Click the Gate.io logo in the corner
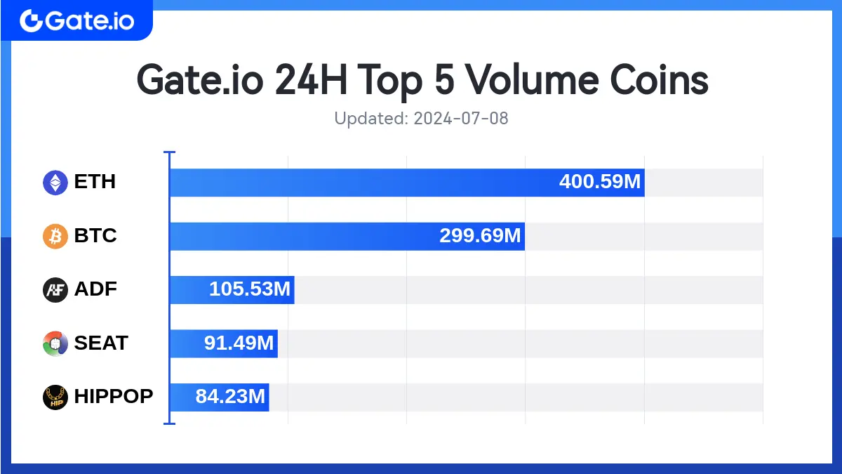(x=76, y=20)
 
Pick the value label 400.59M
(x=600, y=183)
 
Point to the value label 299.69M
(x=481, y=236)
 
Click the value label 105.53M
(x=250, y=289)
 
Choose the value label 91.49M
(x=239, y=343)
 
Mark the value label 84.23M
(x=230, y=397)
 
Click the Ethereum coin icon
(x=55, y=183)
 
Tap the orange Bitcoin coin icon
(x=55, y=236)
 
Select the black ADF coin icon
(x=55, y=289)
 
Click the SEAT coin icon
(x=55, y=343)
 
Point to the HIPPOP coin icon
(x=55, y=397)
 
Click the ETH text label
(x=95, y=183)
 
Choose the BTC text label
(x=95, y=236)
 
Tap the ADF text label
(x=95, y=289)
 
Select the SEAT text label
(x=101, y=343)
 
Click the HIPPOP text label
(x=114, y=397)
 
